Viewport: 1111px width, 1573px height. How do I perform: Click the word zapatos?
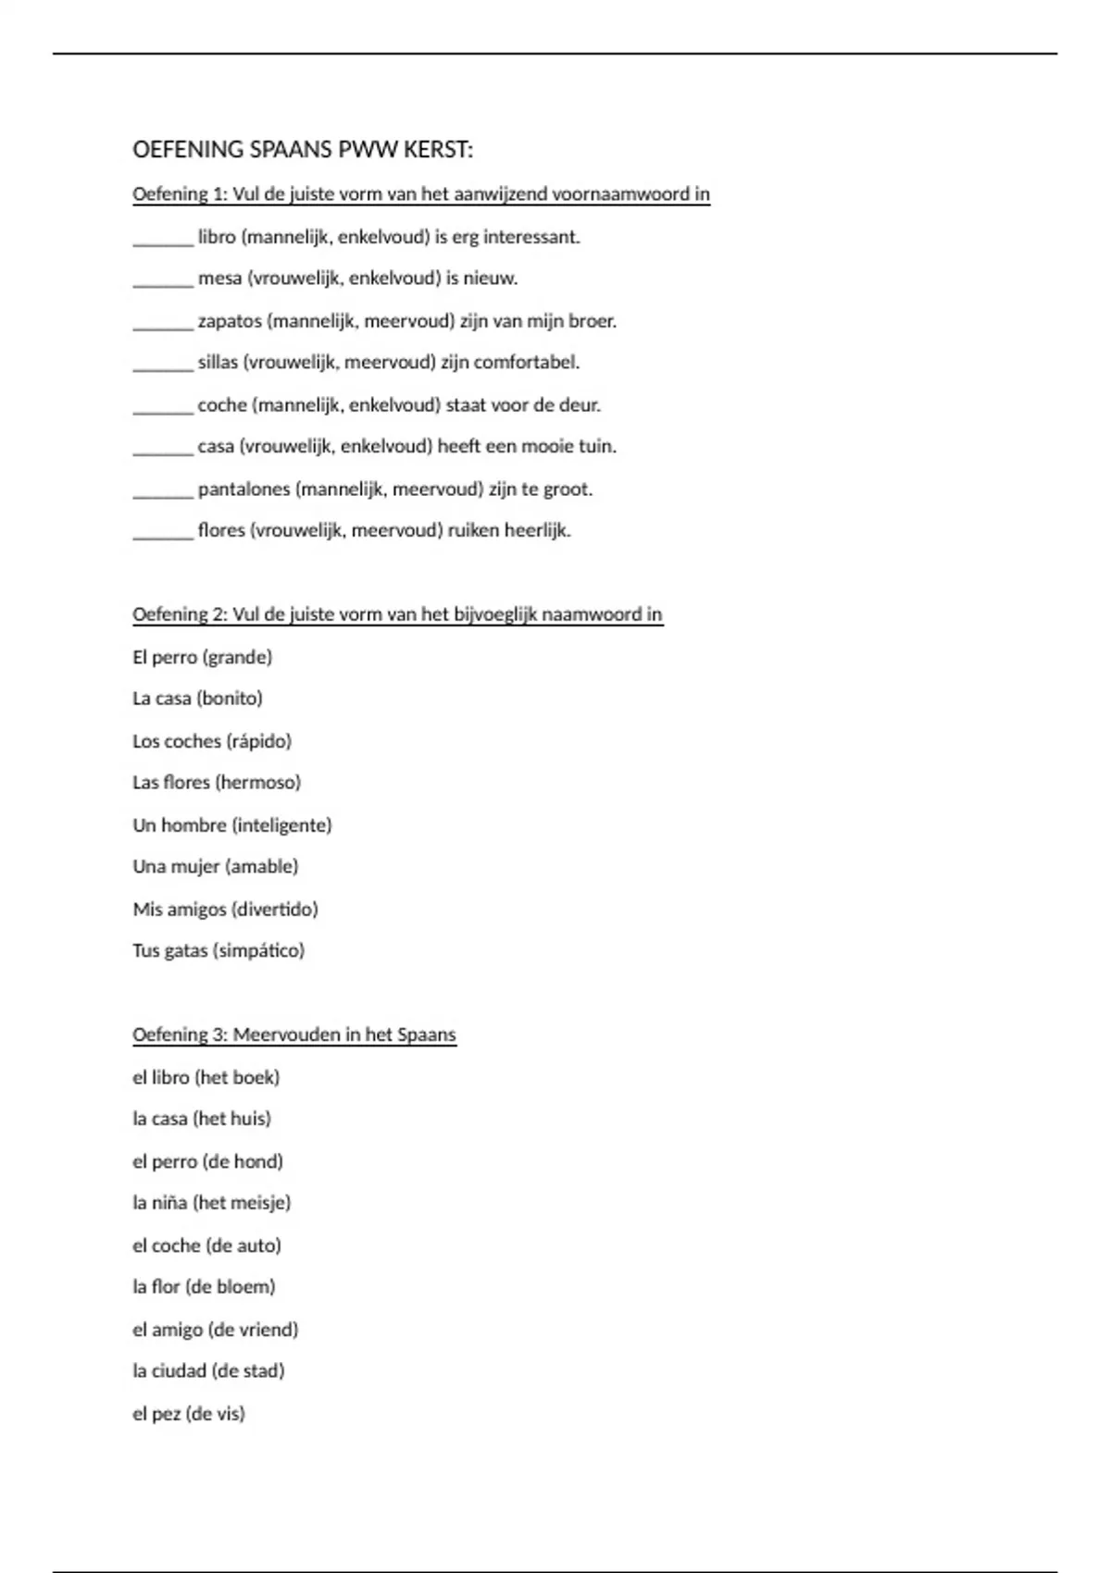click(x=230, y=322)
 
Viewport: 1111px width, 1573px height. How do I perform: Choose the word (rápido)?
click(x=258, y=741)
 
